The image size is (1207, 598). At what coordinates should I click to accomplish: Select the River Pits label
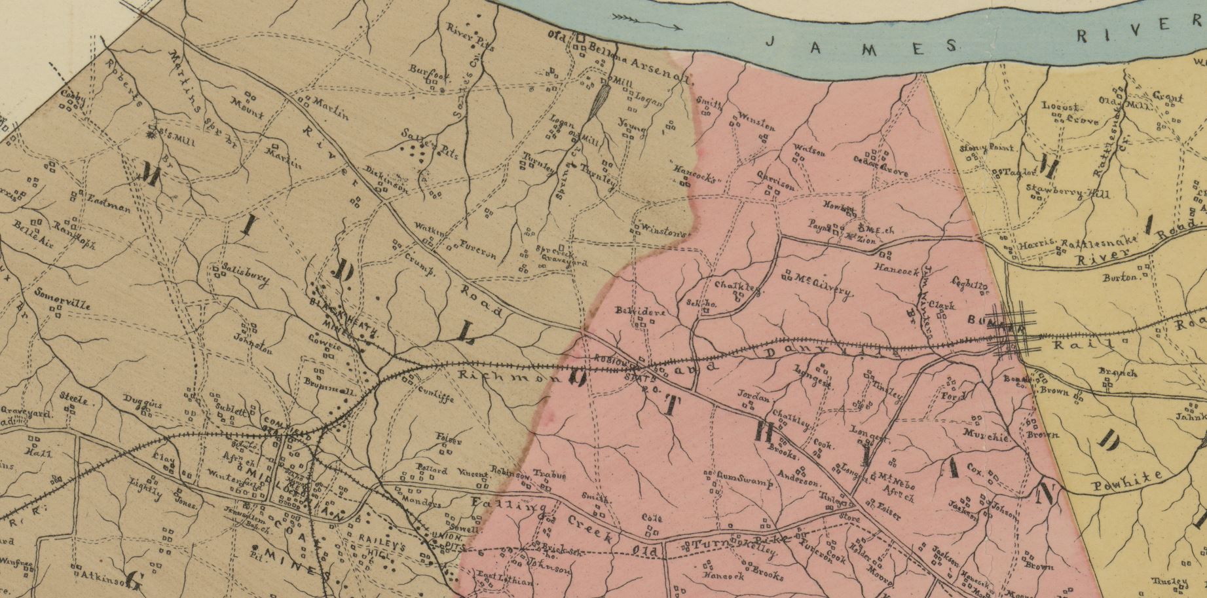[x=471, y=37]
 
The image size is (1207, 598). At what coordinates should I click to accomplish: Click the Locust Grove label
[x=1073, y=113]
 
